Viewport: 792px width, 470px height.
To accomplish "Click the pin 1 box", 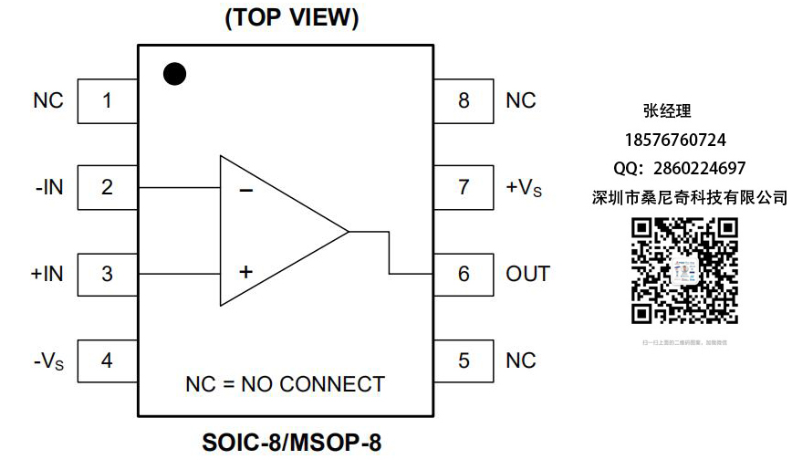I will click(x=107, y=100).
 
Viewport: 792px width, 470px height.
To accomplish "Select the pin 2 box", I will click(x=107, y=187).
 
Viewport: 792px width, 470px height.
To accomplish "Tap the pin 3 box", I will click(x=107, y=274).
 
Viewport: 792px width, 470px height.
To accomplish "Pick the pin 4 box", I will click(x=107, y=360).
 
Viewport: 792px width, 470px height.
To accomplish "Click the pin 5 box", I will click(x=464, y=360).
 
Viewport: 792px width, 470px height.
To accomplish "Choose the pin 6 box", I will click(x=464, y=274).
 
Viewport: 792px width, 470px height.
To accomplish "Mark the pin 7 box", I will click(x=464, y=187).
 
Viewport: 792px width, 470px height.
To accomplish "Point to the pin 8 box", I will click(x=464, y=100).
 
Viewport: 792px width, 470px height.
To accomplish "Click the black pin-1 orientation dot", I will click(x=174, y=74).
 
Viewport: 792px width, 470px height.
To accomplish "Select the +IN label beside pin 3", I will click(x=47, y=274).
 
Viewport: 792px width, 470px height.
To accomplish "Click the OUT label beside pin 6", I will click(x=528, y=274).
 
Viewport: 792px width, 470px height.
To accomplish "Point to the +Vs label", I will click(x=524, y=188).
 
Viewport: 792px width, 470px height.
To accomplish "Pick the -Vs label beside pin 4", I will click(x=48, y=361).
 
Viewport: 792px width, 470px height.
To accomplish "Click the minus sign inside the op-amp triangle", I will click(x=245, y=191).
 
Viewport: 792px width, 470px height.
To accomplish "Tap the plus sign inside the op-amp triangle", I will click(x=245, y=271).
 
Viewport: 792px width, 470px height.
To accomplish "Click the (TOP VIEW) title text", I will click(x=292, y=17).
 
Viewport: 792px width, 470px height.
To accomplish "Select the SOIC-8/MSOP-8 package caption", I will click(x=291, y=444).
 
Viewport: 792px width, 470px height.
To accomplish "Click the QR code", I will click(x=685, y=271).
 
